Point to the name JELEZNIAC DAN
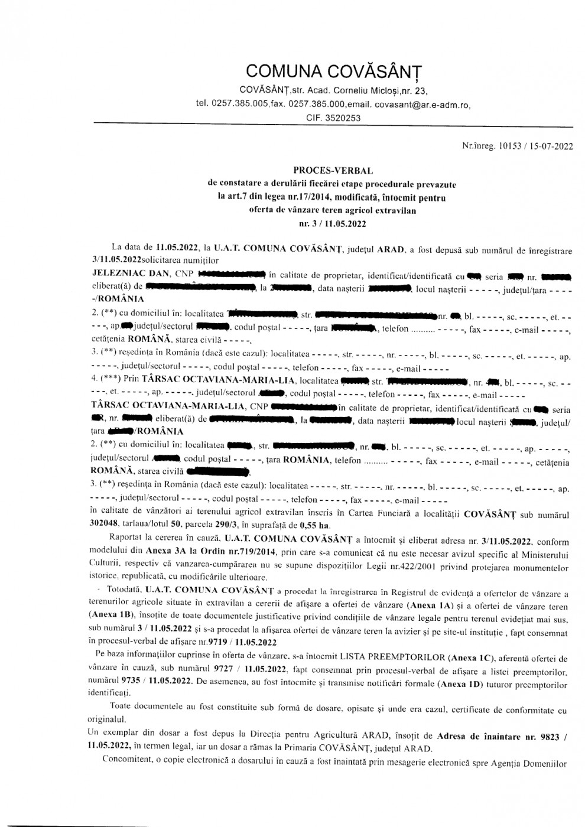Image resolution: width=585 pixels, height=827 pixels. click(x=130, y=274)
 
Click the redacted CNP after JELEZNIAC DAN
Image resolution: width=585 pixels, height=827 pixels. click(x=230, y=274)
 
